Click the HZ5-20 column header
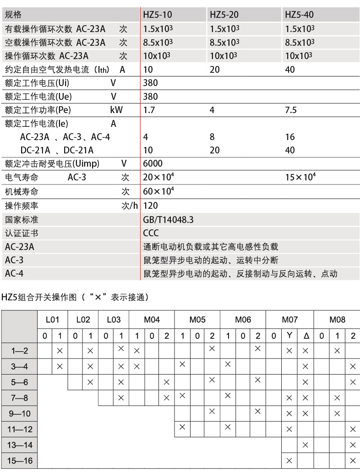tap(224, 15)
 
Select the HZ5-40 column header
tap(299, 15)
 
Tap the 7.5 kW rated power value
tap(291, 110)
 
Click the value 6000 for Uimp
tap(153, 163)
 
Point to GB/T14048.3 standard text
tap(168, 220)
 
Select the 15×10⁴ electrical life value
tap(300, 177)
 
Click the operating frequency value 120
tap(150, 206)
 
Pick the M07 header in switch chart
tap(289, 320)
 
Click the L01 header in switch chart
tap(52, 320)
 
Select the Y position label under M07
tap(289, 335)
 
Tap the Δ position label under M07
tap(305, 336)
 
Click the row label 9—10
tap(20, 413)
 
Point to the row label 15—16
tap(21, 460)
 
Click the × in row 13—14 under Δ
tap(305, 445)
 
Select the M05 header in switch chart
tap(197, 320)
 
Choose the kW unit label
tap(117, 110)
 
